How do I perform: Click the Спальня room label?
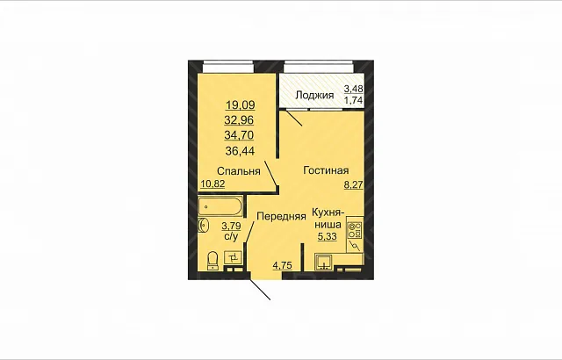tap(238, 171)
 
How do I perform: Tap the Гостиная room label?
tap(326, 170)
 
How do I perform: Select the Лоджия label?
tap(314, 96)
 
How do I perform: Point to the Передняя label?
tap(281, 216)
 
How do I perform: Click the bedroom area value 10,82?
tap(213, 184)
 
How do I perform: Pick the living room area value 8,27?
tap(354, 185)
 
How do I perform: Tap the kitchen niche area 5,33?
tap(327, 236)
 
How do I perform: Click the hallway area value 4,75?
tap(283, 265)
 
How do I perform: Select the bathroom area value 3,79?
tap(231, 226)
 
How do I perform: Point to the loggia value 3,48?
tap(353, 89)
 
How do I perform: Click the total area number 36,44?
tap(240, 151)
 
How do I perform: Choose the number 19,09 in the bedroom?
tap(240, 105)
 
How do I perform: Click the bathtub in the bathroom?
tap(220, 206)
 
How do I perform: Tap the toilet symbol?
tap(213, 261)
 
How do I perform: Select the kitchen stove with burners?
tap(355, 230)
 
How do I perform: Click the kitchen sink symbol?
tap(324, 262)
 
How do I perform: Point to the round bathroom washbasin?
tap(203, 226)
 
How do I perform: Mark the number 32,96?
tap(239, 120)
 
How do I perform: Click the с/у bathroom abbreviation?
tap(231, 236)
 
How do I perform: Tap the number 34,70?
tap(239, 135)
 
